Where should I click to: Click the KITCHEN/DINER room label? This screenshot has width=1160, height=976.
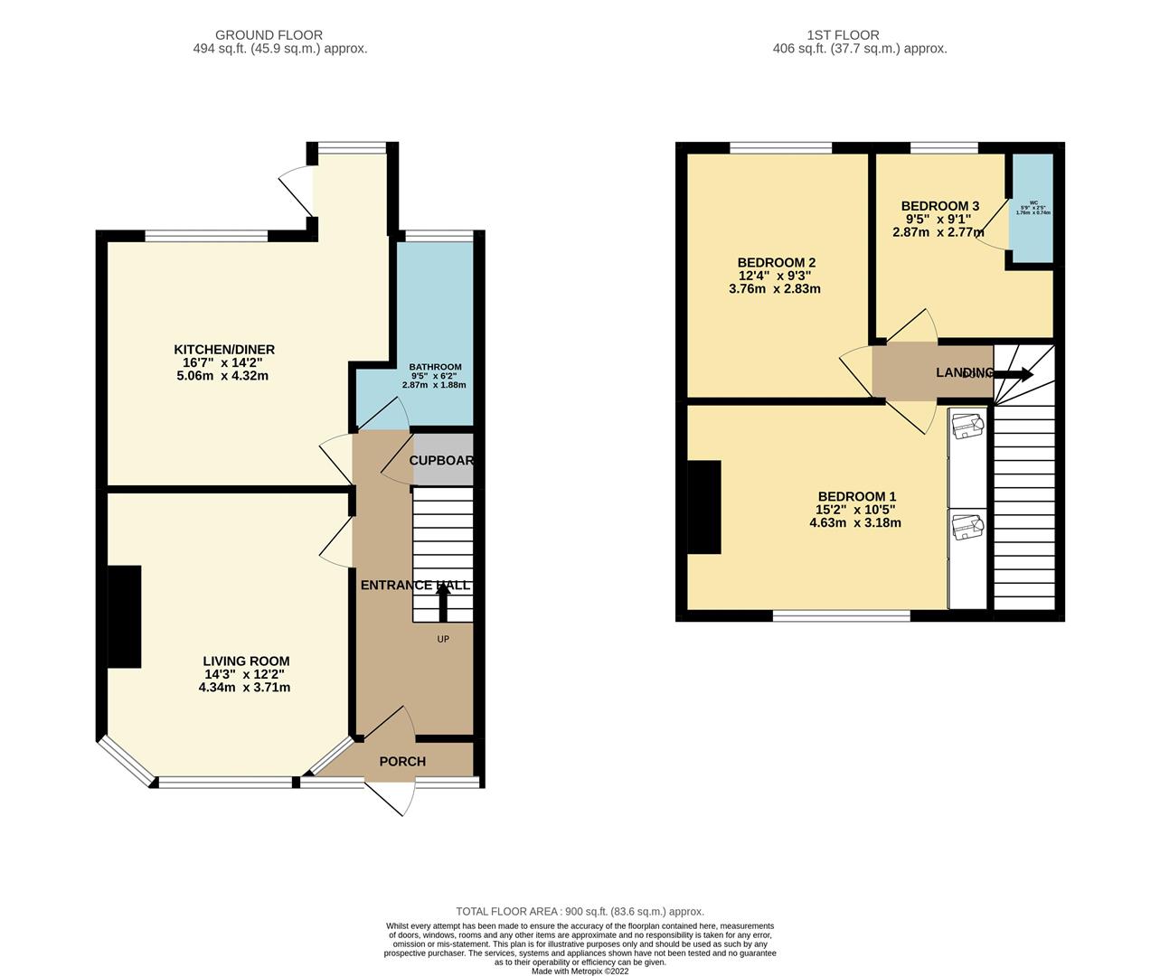point(224,350)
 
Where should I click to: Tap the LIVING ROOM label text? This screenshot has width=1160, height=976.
point(246,662)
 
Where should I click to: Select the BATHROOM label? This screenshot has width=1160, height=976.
point(435,367)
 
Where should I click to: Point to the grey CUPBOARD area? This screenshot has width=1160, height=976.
point(442,460)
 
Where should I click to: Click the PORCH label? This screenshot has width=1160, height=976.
point(402,762)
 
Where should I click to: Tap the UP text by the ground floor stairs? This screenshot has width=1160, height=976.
point(443,639)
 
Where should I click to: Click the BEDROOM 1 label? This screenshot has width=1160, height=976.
point(856,496)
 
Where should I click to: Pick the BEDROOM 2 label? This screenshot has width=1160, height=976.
point(775,263)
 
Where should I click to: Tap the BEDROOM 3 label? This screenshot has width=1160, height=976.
point(940,205)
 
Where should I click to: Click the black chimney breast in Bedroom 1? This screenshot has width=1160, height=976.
point(704,507)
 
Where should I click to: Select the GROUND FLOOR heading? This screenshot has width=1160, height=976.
point(281,35)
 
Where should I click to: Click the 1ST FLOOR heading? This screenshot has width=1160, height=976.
point(860,35)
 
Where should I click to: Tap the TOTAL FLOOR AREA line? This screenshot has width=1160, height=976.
point(580,912)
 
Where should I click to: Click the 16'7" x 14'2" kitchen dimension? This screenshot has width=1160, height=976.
point(224,363)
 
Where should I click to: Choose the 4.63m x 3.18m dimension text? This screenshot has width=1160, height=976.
point(855,522)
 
